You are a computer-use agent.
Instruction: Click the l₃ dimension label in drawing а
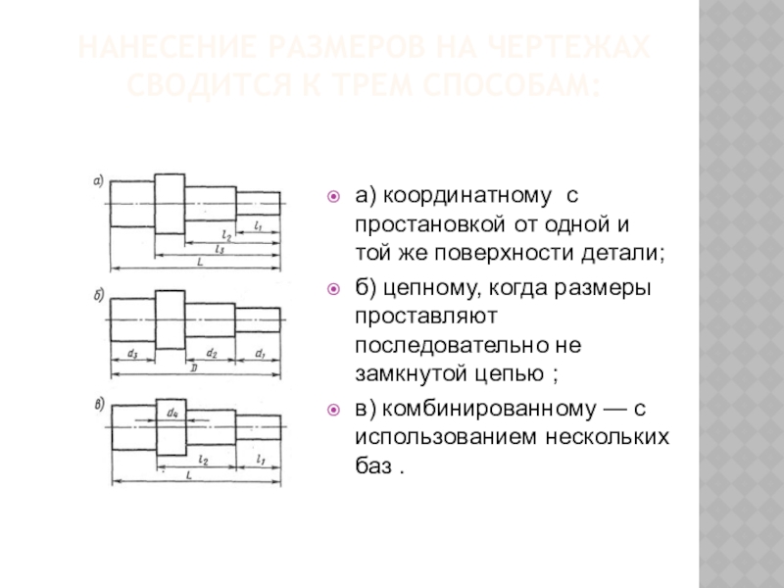(219, 250)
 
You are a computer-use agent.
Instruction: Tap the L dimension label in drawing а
(199, 262)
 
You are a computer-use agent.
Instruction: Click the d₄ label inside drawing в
(171, 414)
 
